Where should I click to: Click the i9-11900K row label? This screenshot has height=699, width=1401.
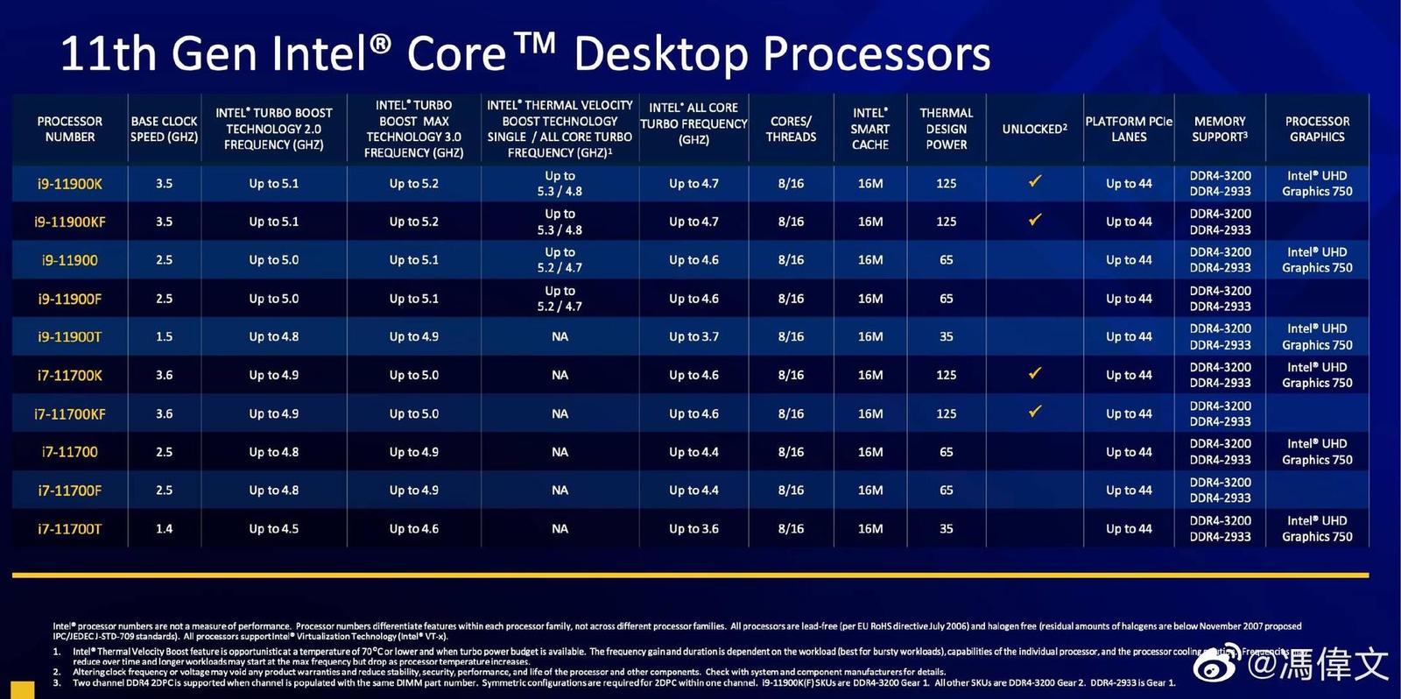[x=70, y=184]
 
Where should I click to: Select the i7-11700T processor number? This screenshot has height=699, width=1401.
[x=70, y=529]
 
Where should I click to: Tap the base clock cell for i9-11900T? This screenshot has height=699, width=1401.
[x=164, y=336]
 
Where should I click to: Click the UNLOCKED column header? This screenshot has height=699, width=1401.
[x=1034, y=129]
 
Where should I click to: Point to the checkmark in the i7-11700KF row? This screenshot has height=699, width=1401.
[x=1035, y=411]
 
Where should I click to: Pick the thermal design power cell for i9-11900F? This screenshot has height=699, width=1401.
[x=946, y=299]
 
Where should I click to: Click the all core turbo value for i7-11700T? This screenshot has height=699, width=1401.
[x=693, y=529]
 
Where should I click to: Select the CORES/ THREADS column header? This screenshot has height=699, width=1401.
[x=791, y=129]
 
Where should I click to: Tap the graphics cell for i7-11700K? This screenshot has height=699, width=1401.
[x=1317, y=375]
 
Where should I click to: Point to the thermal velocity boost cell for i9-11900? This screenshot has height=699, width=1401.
[x=560, y=260]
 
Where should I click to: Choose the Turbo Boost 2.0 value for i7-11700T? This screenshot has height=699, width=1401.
[x=273, y=529]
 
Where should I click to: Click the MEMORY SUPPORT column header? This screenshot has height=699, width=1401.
[x=1219, y=129]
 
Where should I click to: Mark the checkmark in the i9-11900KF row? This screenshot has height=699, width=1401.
[x=1035, y=219]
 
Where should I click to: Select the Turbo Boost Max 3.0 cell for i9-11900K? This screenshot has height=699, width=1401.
[x=413, y=184]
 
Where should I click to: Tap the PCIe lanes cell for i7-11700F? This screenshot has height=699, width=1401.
[x=1128, y=491]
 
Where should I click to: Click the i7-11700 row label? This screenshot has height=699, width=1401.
[x=70, y=452]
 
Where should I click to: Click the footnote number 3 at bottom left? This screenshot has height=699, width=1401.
[x=57, y=683]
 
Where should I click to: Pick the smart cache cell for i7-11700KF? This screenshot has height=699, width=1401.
[x=869, y=413]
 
